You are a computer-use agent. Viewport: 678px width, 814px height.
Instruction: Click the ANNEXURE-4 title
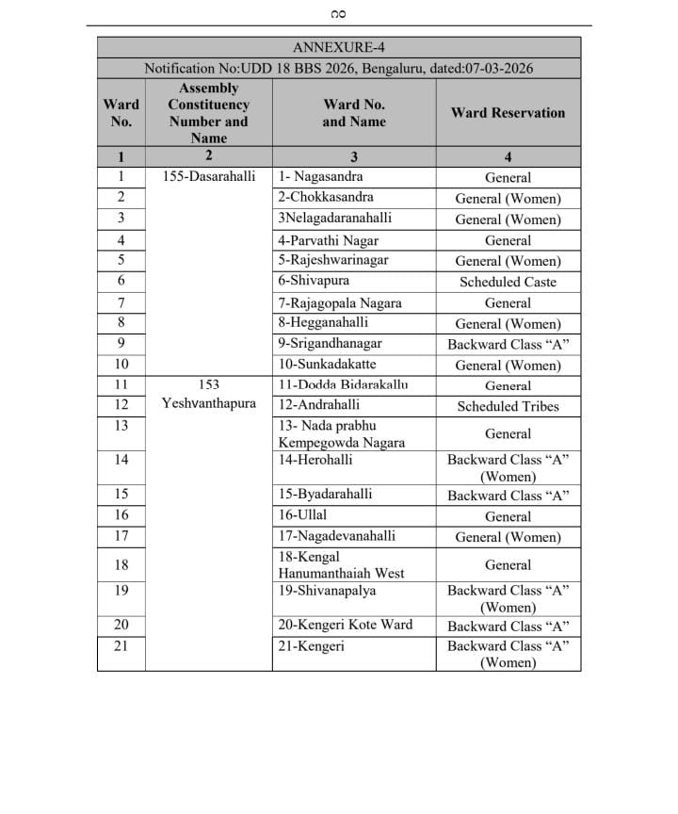click(x=339, y=47)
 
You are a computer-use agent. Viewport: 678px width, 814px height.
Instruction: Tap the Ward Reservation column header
click(x=508, y=113)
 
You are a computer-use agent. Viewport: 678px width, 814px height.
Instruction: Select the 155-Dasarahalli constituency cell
click(x=209, y=177)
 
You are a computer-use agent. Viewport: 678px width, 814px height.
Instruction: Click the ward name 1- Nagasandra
click(x=320, y=177)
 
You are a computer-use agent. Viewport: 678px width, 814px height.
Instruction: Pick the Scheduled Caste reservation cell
click(x=508, y=282)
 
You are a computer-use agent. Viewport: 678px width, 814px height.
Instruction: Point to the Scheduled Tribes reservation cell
click(x=508, y=407)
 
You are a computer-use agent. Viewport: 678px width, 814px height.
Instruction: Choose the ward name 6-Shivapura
click(x=314, y=282)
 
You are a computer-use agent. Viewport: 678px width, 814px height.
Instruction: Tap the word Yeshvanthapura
click(x=209, y=404)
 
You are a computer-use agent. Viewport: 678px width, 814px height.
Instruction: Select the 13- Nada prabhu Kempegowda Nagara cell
click(x=341, y=434)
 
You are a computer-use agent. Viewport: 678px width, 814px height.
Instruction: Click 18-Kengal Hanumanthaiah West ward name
click(x=341, y=565)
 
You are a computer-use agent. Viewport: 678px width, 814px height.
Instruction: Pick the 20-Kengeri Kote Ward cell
click(x=345, y=626)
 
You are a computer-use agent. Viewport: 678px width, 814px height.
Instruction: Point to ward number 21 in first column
click(x=121, y=646)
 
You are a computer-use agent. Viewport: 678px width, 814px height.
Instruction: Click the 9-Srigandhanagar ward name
click(x=330, y=344)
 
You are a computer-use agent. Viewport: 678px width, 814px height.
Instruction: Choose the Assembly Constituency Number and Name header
click(x=209, y=113)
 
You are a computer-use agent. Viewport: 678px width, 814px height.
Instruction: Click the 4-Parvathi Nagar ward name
click(x=326, y=240)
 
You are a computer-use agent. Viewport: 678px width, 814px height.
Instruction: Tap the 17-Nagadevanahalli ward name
click(x=333, y=537)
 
